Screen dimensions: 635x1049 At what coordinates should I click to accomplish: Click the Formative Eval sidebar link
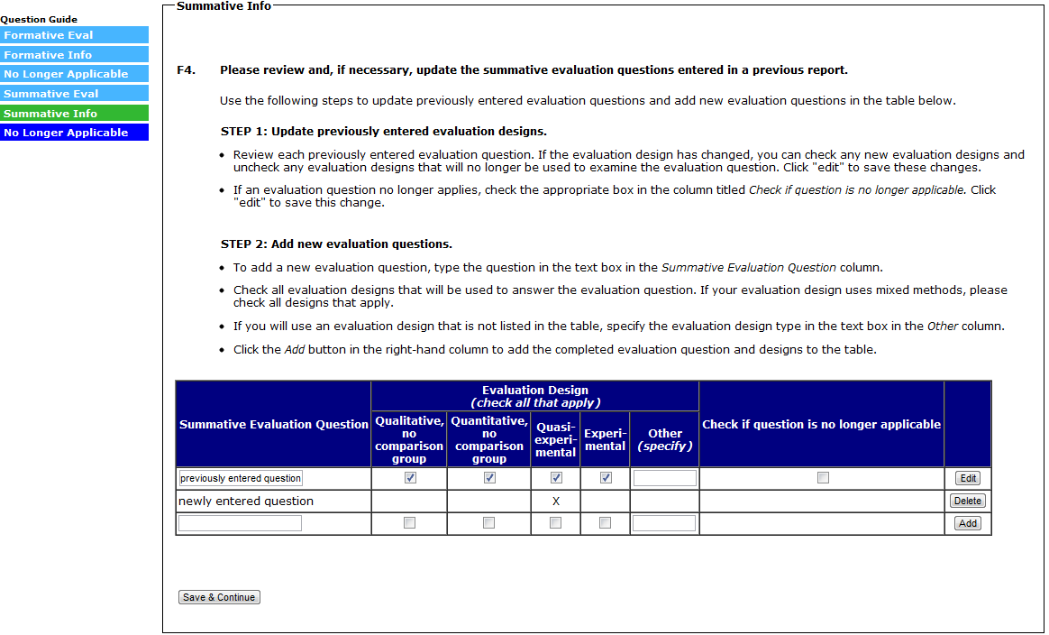(74, 35)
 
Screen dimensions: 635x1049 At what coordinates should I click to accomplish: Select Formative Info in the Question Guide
(74, 55)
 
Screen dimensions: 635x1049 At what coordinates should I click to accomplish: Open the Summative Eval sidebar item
(74, 94)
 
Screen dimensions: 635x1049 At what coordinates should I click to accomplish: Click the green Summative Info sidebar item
(74, 114)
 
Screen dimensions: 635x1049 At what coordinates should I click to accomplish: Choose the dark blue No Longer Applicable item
(74, 133)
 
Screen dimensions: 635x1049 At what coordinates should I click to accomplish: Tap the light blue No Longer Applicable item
(74, 74)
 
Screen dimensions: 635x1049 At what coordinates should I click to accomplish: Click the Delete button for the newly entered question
(967, 501)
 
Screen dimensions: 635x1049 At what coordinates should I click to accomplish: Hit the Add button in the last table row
(967, 523)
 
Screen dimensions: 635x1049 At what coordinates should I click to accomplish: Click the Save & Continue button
(219, 597)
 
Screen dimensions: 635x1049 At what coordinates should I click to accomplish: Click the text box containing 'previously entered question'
(241, 478)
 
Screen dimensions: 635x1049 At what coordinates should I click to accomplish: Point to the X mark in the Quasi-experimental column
(555, 501)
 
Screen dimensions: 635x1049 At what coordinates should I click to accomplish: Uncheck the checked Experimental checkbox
(606, 478)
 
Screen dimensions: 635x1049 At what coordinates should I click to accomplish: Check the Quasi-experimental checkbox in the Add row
(555, 523)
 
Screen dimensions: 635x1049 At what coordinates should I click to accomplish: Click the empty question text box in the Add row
(240, 523)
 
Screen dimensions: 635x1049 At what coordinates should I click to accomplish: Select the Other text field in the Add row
(663, 523)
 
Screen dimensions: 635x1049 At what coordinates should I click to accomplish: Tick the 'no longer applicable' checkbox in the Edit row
(823, 478)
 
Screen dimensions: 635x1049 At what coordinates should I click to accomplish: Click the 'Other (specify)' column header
(664, 439)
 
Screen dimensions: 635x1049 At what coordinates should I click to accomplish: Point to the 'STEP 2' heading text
(336, 244)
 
